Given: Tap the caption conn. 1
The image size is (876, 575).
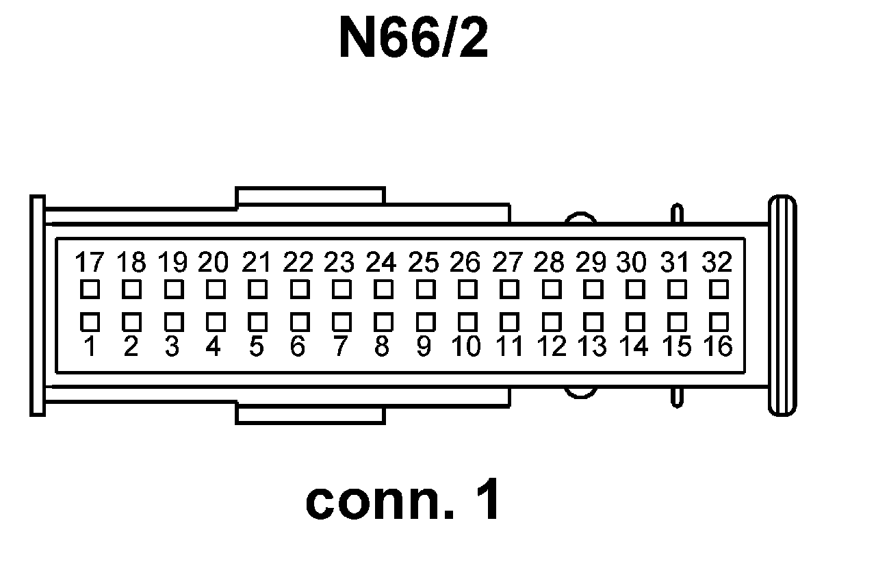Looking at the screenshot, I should pos(402,501).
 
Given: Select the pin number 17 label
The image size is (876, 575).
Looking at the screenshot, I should pos(89,262).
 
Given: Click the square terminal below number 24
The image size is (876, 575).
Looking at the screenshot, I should pos(383,290).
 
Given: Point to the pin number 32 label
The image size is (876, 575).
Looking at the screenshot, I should pos(717,262).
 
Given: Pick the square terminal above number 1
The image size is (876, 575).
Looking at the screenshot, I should pos(89,320).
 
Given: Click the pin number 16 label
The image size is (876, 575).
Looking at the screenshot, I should pos(718,346).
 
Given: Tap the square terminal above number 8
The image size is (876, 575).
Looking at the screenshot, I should pos(383,320).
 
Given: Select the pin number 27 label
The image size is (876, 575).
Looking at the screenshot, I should pos(508,262).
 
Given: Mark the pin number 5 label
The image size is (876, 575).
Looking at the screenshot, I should pos(256,347).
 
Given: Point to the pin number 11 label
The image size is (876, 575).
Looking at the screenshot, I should pos(508,347).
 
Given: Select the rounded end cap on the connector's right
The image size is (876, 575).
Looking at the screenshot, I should pos(782,305).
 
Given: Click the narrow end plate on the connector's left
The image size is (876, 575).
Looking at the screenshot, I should pos(38,305).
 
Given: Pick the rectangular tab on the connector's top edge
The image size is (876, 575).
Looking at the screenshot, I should pos(310,196).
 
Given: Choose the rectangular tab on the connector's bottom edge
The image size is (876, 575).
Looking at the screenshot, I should pos(310,415).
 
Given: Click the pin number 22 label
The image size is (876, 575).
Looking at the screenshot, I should pos(298,262).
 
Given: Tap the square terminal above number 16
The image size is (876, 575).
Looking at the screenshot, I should pos(718,320).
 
